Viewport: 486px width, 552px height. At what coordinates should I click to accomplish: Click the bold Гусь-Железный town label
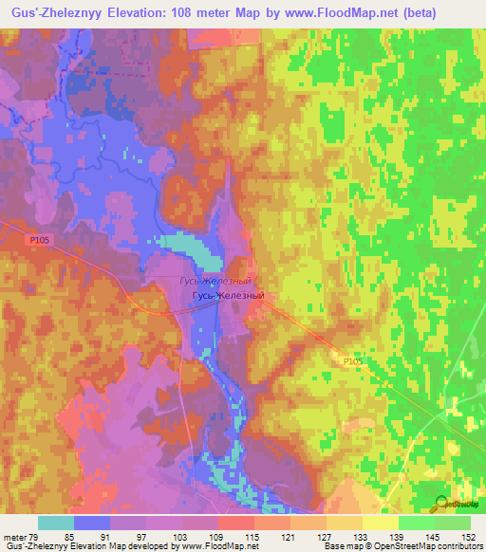(x=227, y=296)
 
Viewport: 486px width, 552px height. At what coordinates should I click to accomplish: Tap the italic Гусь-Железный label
(x=215, y=282)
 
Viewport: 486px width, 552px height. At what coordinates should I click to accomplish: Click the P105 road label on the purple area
(x=35, y=243)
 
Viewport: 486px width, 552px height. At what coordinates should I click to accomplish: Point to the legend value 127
(x=326, y=537)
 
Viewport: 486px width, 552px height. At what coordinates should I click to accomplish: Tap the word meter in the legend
(x=13, y=537)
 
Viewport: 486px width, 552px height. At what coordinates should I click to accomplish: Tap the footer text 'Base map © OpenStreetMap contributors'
(x=402, y=547)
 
